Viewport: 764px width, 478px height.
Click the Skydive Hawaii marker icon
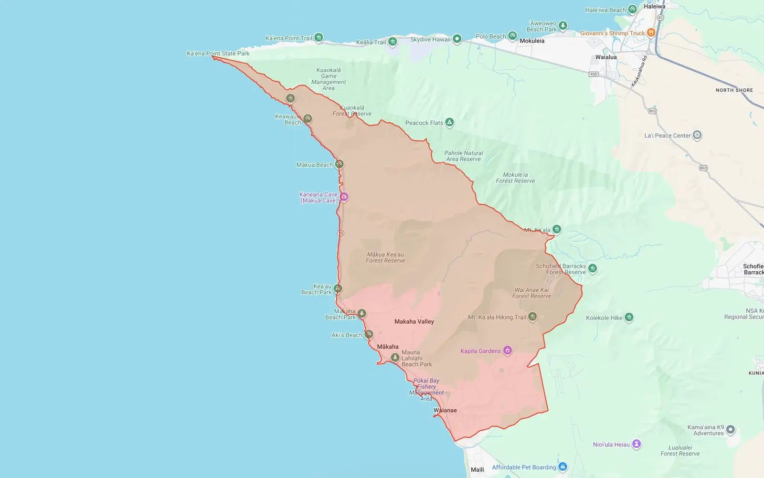457,39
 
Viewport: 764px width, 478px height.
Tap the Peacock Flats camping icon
449,123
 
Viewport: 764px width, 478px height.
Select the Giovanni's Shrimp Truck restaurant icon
650,33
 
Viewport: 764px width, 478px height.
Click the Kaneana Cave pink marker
344,197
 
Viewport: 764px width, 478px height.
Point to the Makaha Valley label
414,321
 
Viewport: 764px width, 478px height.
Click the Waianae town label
445,410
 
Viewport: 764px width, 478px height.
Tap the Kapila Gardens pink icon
508,351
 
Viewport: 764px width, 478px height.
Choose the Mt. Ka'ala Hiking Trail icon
532,317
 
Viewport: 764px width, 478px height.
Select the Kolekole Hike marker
629,317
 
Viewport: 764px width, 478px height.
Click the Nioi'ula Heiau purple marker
637,444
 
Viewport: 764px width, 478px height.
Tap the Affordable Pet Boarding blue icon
562,467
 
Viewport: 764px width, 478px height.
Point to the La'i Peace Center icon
697,135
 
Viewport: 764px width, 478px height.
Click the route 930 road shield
594,74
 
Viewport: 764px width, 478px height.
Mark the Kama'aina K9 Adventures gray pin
731,429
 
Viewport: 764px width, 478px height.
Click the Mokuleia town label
532,41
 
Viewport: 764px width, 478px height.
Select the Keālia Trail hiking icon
393,42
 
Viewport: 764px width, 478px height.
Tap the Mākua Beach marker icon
339,164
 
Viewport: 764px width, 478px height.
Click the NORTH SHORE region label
734,90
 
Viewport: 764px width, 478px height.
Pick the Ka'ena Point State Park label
218,53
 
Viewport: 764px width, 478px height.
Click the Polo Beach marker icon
512,36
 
